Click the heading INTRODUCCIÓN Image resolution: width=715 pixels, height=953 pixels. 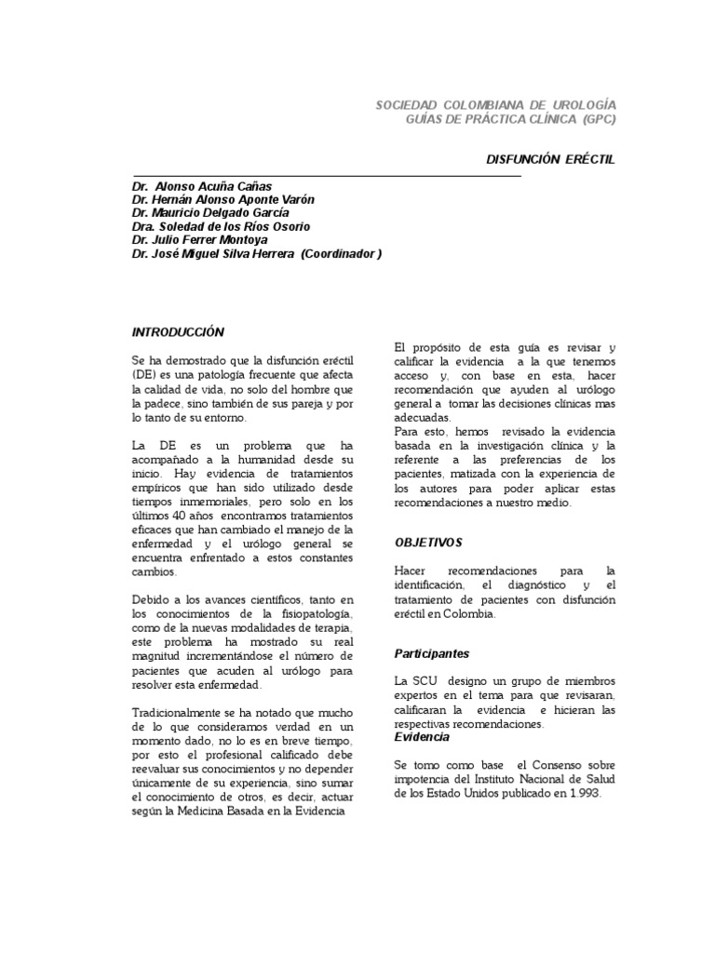(x=179, y=331)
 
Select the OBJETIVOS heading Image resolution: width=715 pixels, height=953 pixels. (x=428, y=542)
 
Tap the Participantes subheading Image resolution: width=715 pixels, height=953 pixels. (x=432, y=653)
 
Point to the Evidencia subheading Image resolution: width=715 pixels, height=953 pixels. (x=423, y=736)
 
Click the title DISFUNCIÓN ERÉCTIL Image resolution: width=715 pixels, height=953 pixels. (x=552, y=160)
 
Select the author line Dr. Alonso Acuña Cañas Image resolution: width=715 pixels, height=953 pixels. (x=202, y=186)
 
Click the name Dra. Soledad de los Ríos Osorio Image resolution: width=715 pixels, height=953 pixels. (x=221, y=226)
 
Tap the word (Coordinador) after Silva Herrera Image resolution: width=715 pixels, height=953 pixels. (x=341, y=253)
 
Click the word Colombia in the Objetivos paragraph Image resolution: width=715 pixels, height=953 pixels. (x=469, y=614)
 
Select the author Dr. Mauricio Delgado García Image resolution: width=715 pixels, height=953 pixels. (x=210, y=213)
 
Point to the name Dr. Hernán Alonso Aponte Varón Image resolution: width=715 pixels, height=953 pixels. (x=223, y=199)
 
